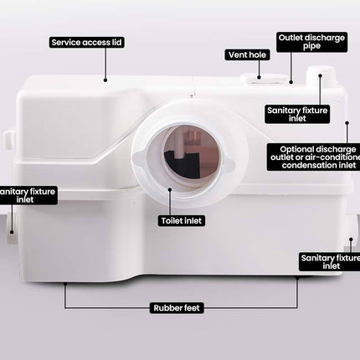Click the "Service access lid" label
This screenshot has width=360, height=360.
[80, 40]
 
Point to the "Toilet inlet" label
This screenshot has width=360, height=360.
[182, 221]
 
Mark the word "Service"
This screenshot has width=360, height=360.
[64, 40]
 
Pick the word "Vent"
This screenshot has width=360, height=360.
[235, 54]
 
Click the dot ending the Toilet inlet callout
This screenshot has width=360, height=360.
[170, 190]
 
